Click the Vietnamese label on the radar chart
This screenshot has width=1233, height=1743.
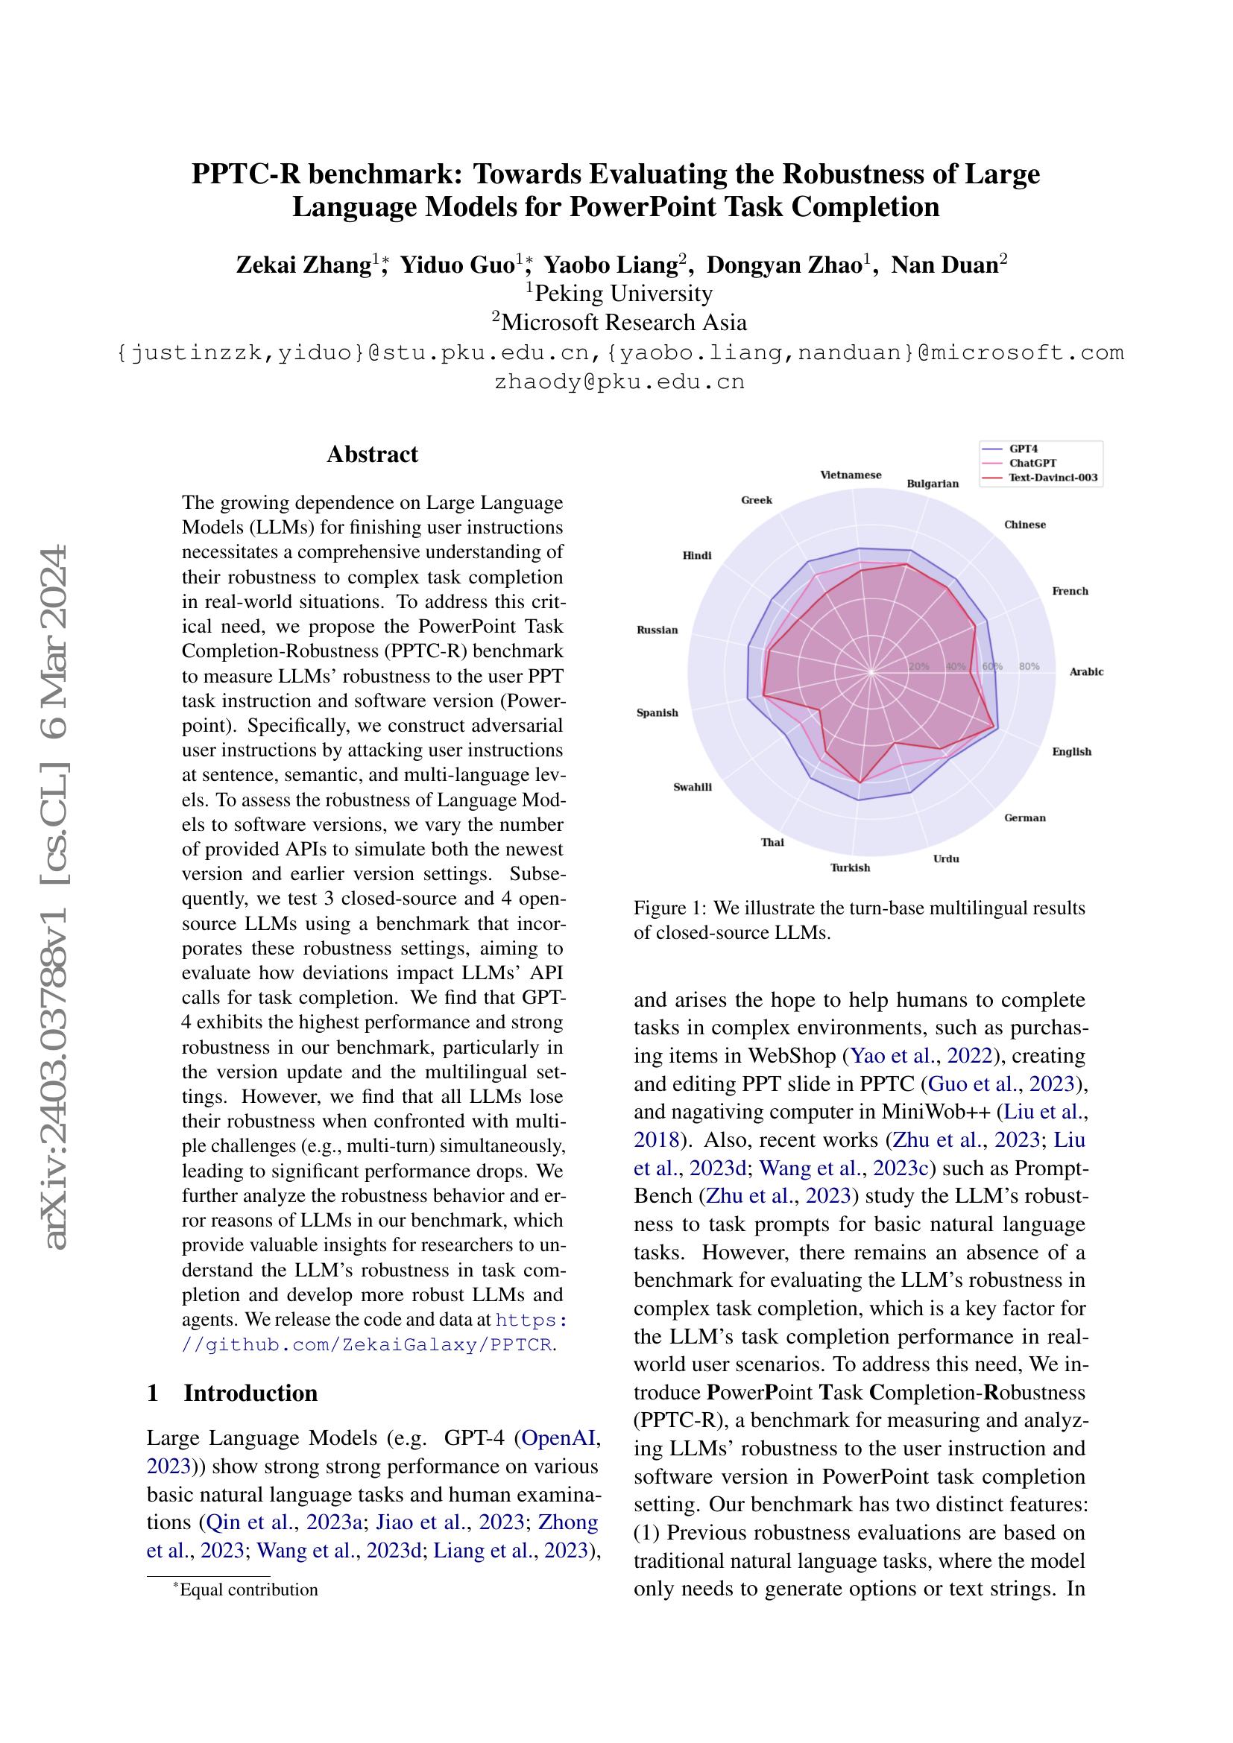(x=851, y=475)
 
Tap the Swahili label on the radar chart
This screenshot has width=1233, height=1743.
(x=693, y=787)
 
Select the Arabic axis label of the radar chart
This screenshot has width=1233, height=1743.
(x=1085, y=672)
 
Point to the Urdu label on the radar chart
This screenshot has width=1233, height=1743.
(x=946, y=858)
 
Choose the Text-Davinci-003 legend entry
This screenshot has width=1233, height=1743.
(x=1053, y=478)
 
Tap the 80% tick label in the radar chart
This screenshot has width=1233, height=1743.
(x=1029, y=666)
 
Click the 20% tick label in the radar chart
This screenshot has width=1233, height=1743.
(x=918, y=666)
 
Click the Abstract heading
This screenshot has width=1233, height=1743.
(x=372, y=454)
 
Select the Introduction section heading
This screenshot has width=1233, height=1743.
(x=250, y=1393)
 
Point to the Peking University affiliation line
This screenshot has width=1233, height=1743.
(x=619, y=293)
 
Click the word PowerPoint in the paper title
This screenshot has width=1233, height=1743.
(x=652, y=206)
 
